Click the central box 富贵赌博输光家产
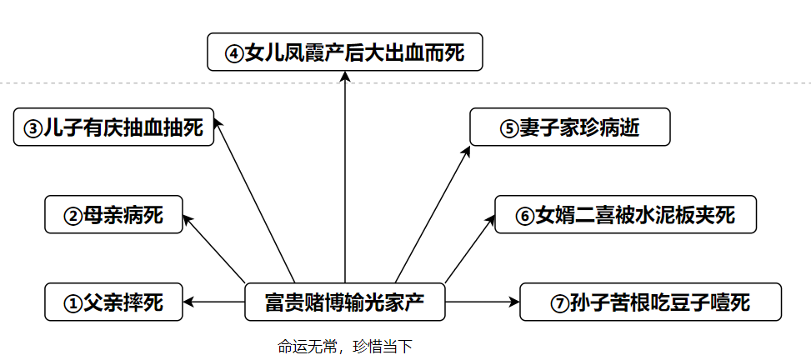click(344, 302)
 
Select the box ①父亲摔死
click(114, 302)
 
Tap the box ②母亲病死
click(113, 216)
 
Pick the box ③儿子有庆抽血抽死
click(114, 127)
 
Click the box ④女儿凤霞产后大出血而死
click(344, 55)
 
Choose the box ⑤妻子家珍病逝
click(570, 127)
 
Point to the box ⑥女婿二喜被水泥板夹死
click(626, 215)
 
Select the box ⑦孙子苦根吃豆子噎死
click(650, 302)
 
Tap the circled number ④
click(234, 56)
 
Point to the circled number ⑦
click(559, 303)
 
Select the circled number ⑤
click(509, 129)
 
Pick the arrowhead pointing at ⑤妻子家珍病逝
click(467, 148)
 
